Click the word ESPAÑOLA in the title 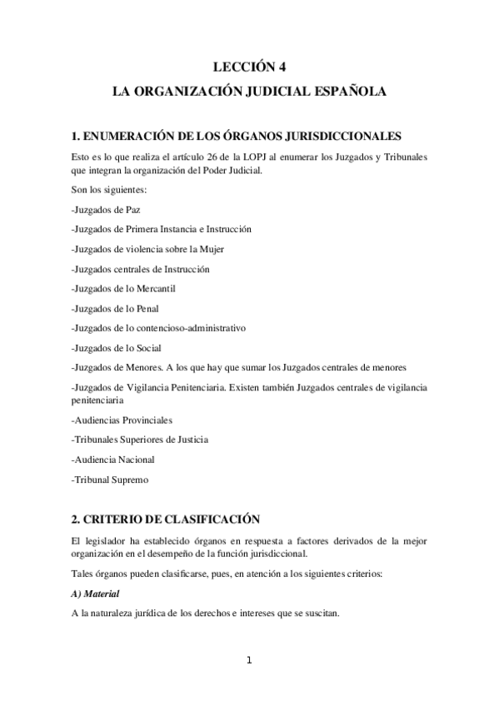(x=350, y=93)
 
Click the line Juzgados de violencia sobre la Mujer (x=147, y=249)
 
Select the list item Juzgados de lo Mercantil (x=123, y=289)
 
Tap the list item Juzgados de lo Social (x=117, y=349)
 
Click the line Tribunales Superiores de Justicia (x=140, y=440)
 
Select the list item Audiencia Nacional (x=113, y=460)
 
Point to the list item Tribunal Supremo (x=109, y=480)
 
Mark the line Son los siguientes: (x=109, y=190)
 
